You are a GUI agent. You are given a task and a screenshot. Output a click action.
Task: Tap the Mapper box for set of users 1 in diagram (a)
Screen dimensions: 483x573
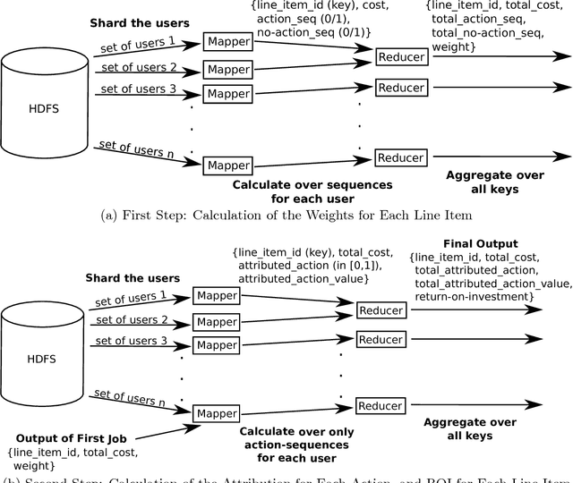[228, 42]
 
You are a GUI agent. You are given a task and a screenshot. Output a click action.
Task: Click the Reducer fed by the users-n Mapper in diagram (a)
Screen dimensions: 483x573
[400, 158]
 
